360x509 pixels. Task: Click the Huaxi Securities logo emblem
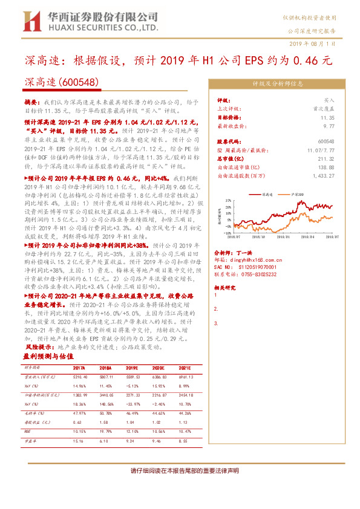(29, 21)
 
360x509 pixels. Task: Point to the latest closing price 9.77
(328, 126)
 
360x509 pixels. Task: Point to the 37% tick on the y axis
(226, 199)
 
